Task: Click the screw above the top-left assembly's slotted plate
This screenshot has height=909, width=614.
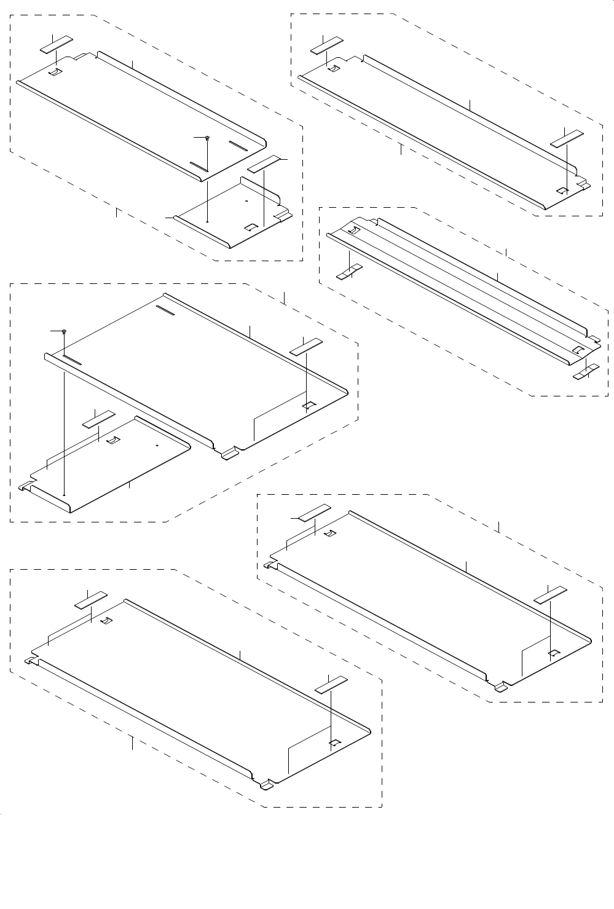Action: pos(208,138)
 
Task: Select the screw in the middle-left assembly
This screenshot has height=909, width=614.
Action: pos(64,331)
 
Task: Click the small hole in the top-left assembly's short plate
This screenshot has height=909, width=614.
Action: pos(245,201)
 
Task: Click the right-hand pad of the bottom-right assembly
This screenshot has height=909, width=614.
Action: pos(551,594)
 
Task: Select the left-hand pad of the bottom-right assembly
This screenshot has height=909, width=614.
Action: pos(314,512)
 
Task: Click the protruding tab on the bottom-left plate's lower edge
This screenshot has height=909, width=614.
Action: pos(267,785)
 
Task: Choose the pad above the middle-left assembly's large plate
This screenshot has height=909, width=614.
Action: pos(306,346)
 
